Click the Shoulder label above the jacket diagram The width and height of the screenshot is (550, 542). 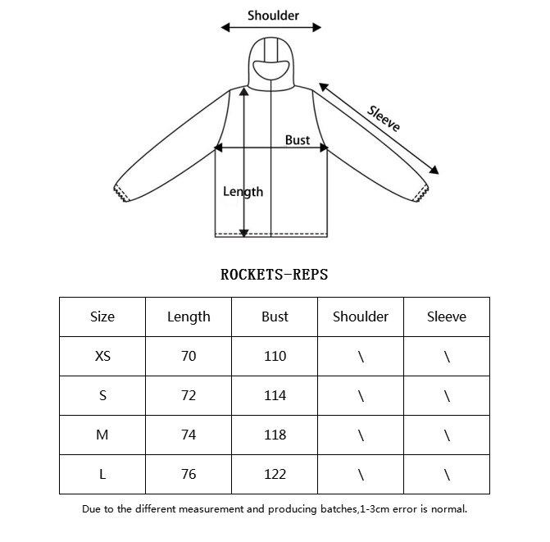click(273, 16)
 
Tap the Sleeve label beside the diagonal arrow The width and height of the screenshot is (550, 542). click(384, 119)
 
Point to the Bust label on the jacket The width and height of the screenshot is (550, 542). click(298, 140)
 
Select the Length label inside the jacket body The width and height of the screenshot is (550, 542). click(243, 192)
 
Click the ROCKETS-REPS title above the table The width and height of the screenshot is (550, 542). click(275, 275)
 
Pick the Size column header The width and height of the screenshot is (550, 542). click(102, 317)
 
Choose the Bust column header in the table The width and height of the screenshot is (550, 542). click(275, 317)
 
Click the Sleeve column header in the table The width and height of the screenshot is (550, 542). click(447, 317)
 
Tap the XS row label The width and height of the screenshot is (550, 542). click(102, 356)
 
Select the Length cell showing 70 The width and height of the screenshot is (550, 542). click(189, 356)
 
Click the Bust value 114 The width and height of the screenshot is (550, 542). click(275, 396)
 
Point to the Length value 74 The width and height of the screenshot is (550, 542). click(189, 435)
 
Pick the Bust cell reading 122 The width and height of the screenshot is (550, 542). click(275, 474)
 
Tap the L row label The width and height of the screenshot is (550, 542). click(102, 474)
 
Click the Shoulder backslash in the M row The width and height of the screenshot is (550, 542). click(361, 435)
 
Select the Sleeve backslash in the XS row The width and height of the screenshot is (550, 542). click(447, 357)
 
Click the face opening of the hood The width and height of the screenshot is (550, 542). click(271, 70)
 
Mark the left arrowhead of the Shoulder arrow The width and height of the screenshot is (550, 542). click(225, 27)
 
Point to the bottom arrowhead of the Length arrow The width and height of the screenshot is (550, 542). click(243, 233)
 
